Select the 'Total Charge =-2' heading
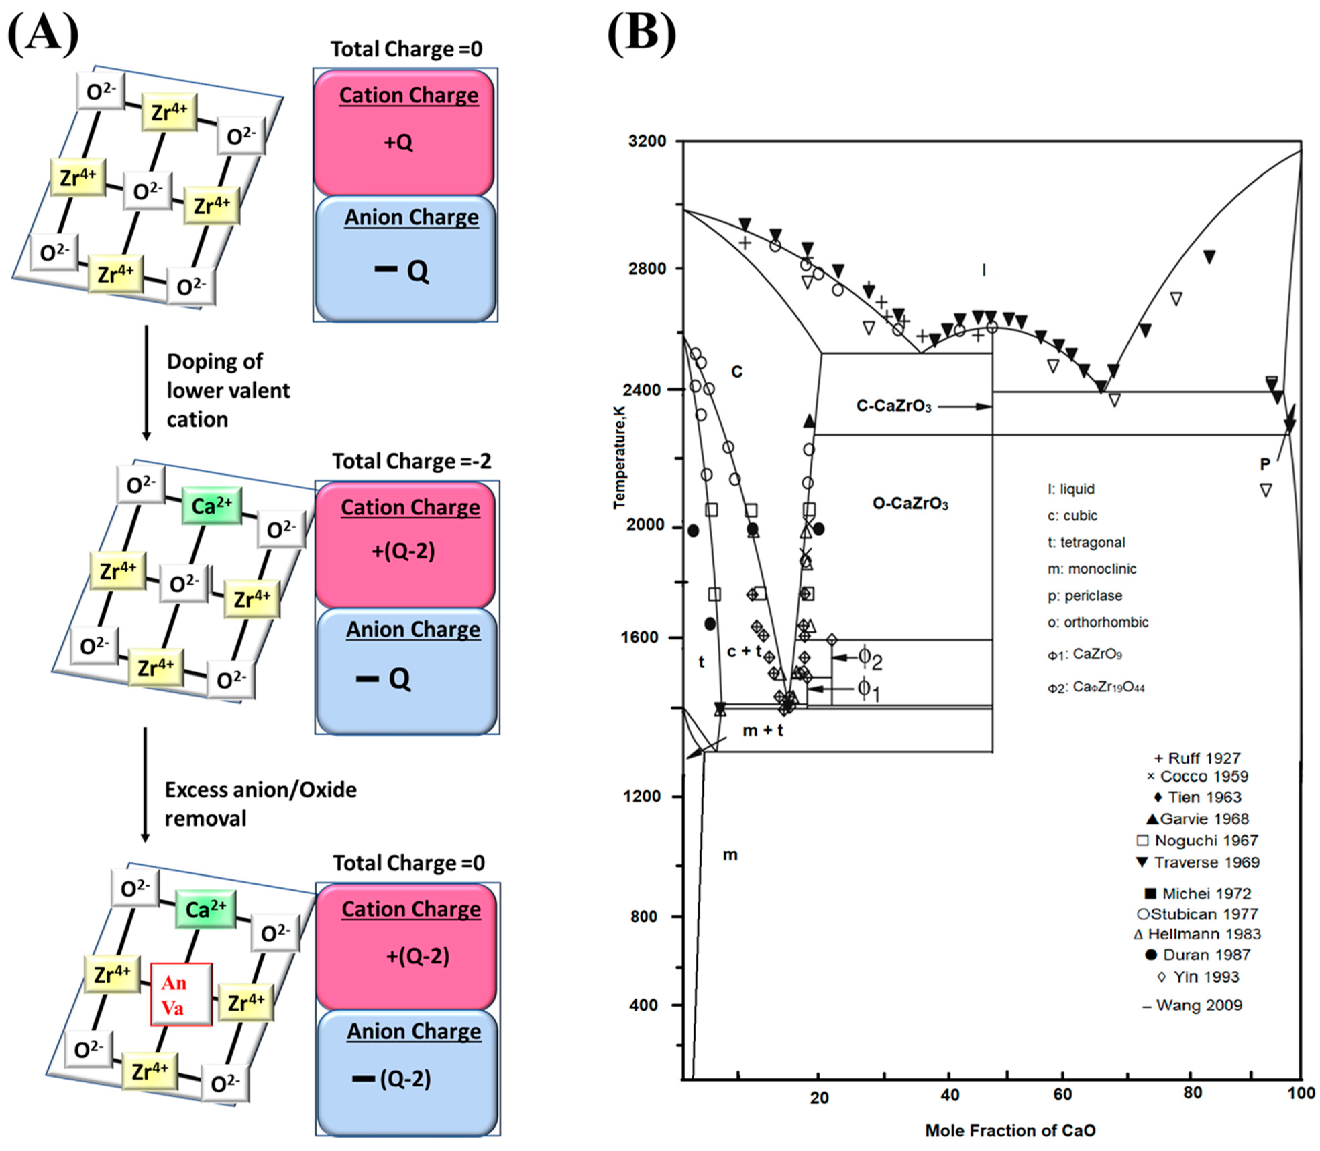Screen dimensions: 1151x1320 (411, 461)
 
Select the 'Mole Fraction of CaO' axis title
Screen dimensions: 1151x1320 (1010, 1130)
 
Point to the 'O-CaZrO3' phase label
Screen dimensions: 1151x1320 (910, 504)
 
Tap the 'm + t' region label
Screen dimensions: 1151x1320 (763, 730)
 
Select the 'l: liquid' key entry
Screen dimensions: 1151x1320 (1071, 489)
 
